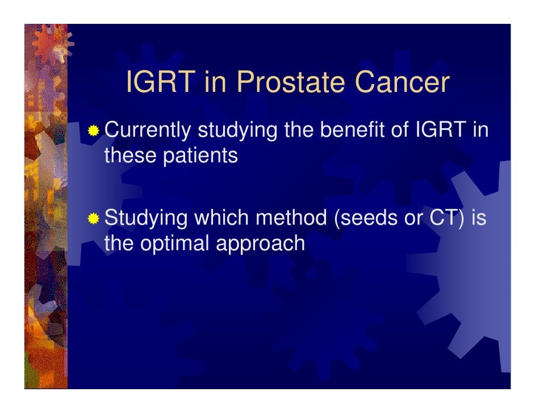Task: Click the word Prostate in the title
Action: [x=291, y=82]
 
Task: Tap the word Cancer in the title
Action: [x=402, y=82]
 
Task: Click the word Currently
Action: [x=148, y=130]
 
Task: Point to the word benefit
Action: [x=352, y=129]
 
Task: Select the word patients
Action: [x=200, y=156]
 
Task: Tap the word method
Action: [x=291, y=217]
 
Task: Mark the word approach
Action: [x=260, y=244]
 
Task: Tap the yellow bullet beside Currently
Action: [x=93, y=130]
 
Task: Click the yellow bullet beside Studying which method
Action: [x=93, y=218]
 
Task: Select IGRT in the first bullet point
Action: [x=441, y=129]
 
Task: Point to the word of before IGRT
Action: [x=399, y=129]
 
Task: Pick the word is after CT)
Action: [x=479, y=217]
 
